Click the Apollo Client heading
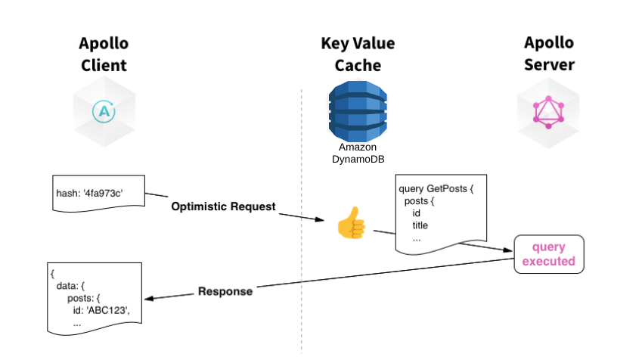[104, 54]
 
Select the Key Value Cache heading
[357, 54]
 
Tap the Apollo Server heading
[549, 54]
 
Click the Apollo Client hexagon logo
[105, 112]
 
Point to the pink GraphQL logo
[549, 112]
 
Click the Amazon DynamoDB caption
[358, 153]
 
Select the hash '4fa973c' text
[89, 193]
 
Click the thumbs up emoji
[351, 223]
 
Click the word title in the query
[421, 225]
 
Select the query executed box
[549, 255]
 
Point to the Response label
[225, 291]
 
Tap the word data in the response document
[67, 286]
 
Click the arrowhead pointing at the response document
[150, 299]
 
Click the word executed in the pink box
[549, 262]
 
